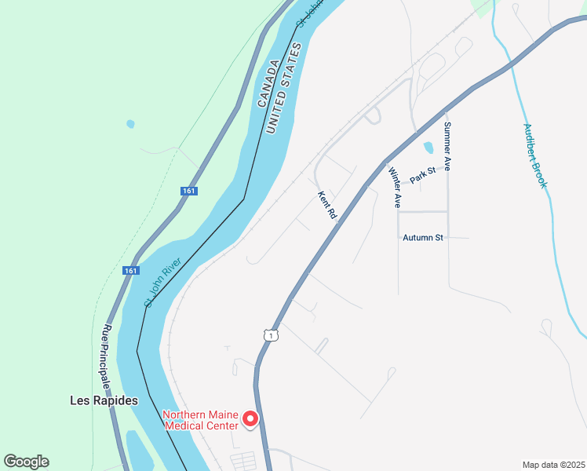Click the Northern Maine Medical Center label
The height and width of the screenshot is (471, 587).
[x=200, y=420]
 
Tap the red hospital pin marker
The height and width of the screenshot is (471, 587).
[x=250, y=419]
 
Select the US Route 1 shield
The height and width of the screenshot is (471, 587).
[x=270, y=335]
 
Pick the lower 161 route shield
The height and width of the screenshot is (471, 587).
[x=130, y=271]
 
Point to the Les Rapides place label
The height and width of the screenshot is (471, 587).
[x=104, y=400]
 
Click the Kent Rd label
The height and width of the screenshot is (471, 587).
[x=327, y=205]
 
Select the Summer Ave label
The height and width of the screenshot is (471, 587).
[x=447, y=147]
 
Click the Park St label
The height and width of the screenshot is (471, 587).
[x=422, y=175]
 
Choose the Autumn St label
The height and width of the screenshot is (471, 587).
[x=423, y=237]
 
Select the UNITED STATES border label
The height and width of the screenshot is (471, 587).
[x=283, y=89]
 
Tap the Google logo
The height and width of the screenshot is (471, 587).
[x=26, y=462]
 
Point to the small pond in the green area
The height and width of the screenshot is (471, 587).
[x=130, y=124]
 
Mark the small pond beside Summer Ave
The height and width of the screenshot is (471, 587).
[x=428, y=147]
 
